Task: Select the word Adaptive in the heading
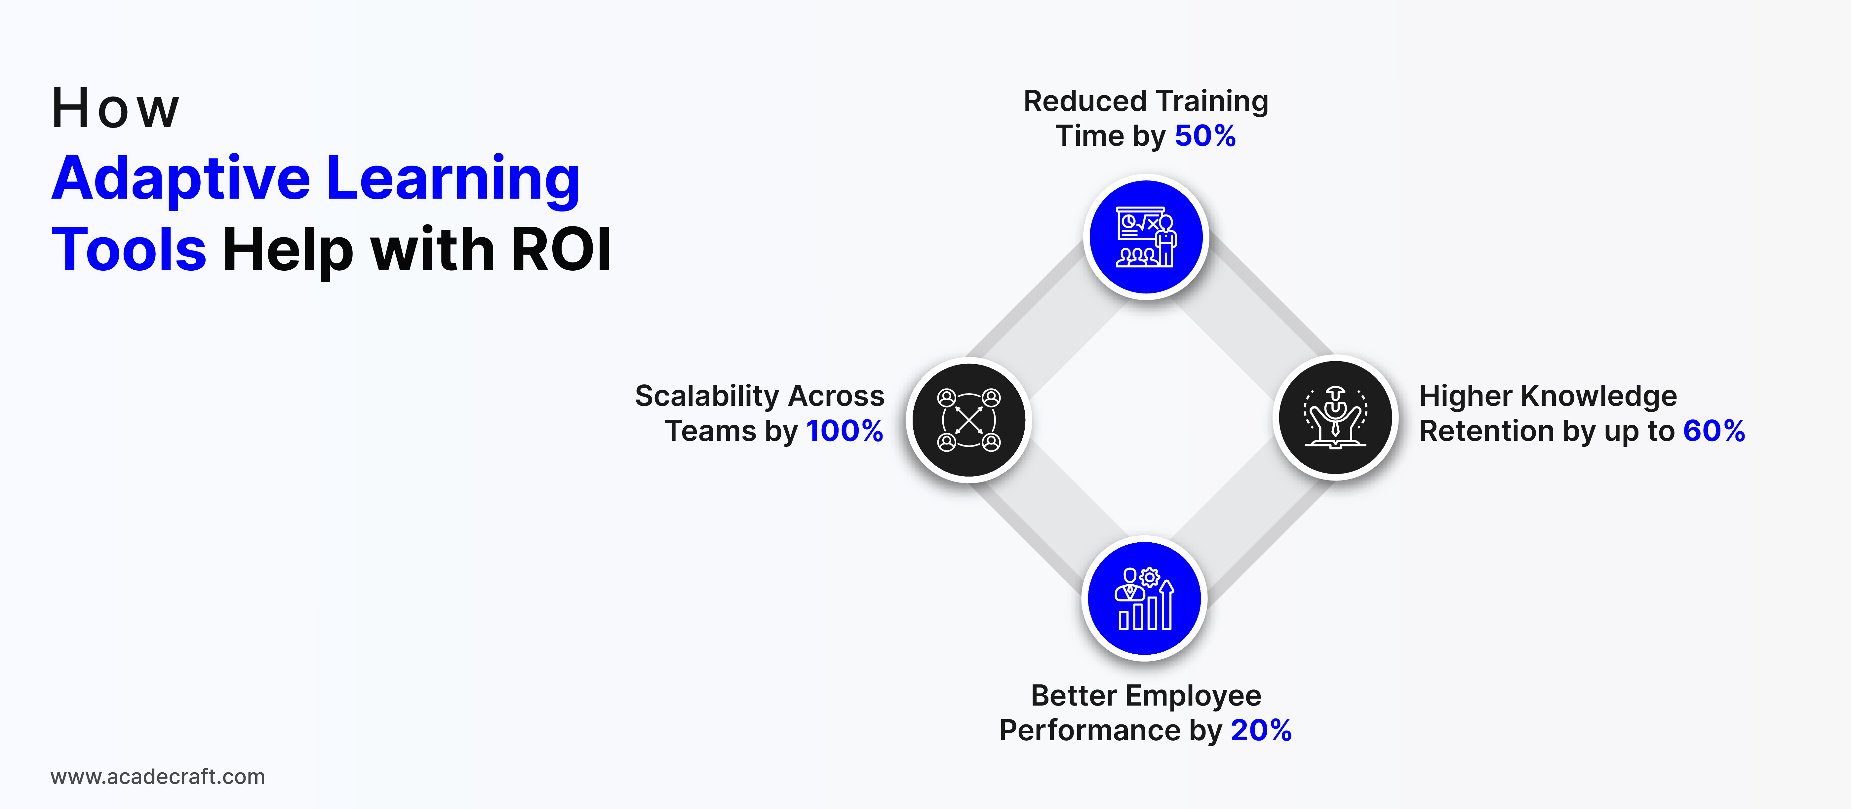point(181,180)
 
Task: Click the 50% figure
point(1205,136)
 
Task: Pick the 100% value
point(844,431)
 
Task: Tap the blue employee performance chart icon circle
point(1145,598)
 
